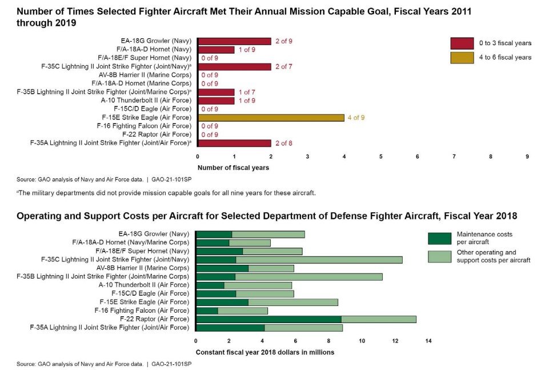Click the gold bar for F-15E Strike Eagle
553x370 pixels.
click(x=271, y=118)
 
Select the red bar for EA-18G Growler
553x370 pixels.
click(x=234, y=41)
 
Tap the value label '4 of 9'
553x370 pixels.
click(x=356, y=118)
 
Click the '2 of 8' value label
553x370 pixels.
click(x=283, y=143)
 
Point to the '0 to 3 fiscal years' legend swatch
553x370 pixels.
click(x=462, y=43)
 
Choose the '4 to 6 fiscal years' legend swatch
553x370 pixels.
click(x=462, y=57)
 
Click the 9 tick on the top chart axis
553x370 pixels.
click(x=527, y=156)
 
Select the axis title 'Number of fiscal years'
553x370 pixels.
click(x=233, y=168)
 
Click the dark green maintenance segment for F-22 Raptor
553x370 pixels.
click(x=269, y=319)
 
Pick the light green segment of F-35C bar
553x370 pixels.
click(x=319, y=260)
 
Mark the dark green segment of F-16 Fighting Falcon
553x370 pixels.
click(x=207, y=311)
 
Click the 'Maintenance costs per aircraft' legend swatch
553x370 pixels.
click(x=439, y=238)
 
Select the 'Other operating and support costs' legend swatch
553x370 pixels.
click(x=439, y=256)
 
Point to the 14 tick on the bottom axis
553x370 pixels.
click(x=428, y=341)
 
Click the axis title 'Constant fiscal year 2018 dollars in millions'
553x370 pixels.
click(x=265, y=352)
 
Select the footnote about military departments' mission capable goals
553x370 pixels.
click(x=166, y=193)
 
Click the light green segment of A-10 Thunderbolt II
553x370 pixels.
click(x=258, y=285)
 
